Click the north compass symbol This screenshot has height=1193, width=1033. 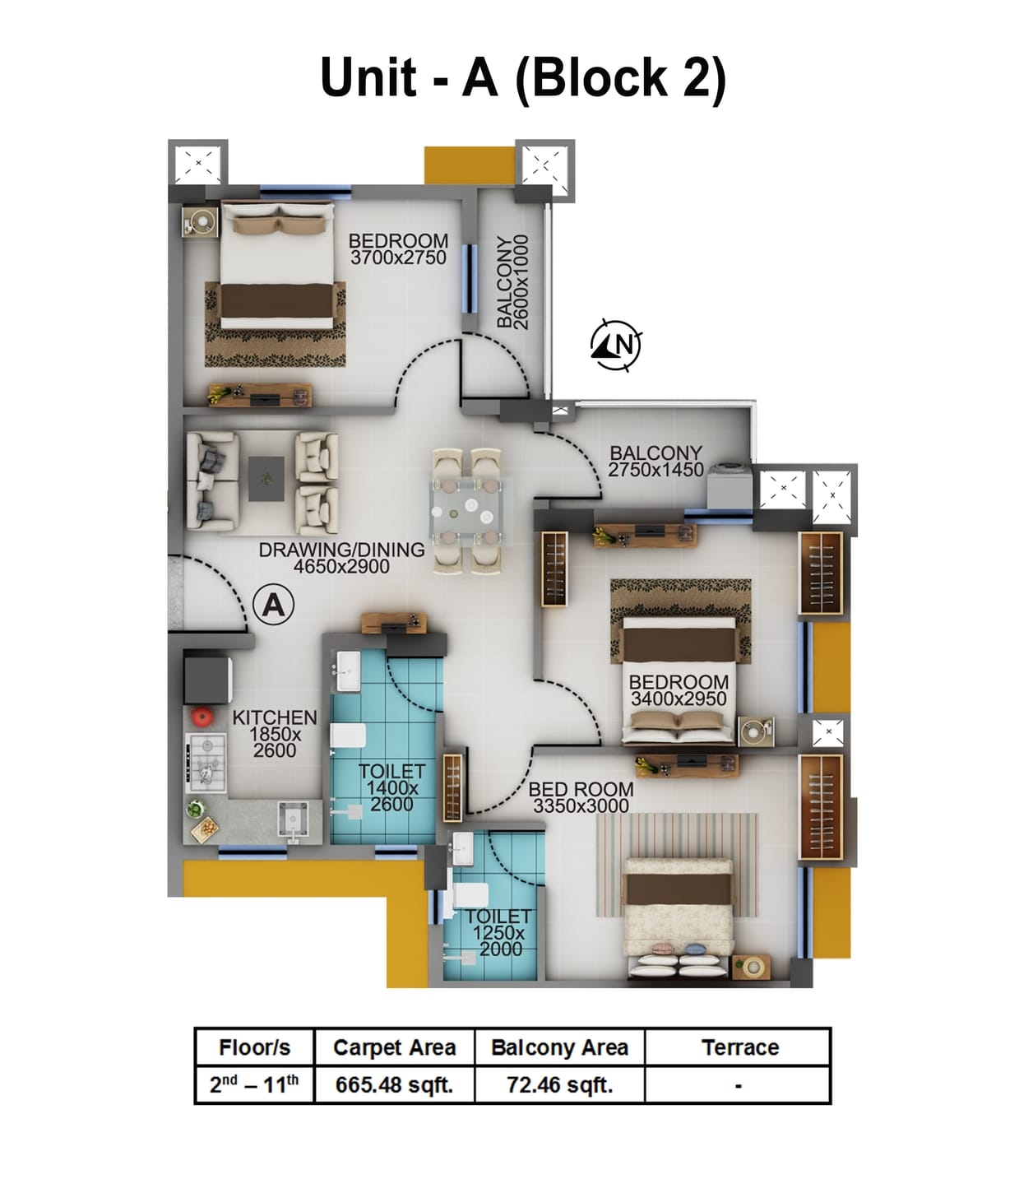617,343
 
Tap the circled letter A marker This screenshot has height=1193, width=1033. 273,606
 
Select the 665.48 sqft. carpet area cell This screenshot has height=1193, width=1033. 394,1085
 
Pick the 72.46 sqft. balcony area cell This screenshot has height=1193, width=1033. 559,1085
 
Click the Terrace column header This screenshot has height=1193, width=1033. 739,1047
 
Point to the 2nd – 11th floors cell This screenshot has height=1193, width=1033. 254,1085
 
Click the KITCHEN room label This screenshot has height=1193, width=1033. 274,718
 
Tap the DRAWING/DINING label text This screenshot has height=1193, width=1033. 341,550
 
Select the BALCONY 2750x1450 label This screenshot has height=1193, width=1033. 655,462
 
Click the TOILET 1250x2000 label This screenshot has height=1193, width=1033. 498,932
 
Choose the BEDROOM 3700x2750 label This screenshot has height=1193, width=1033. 398,248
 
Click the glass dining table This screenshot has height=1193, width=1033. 466,510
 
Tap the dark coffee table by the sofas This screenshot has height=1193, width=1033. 266,478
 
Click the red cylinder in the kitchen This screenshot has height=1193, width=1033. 202,716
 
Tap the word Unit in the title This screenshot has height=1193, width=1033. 368,77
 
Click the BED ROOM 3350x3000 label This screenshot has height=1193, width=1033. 581,797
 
